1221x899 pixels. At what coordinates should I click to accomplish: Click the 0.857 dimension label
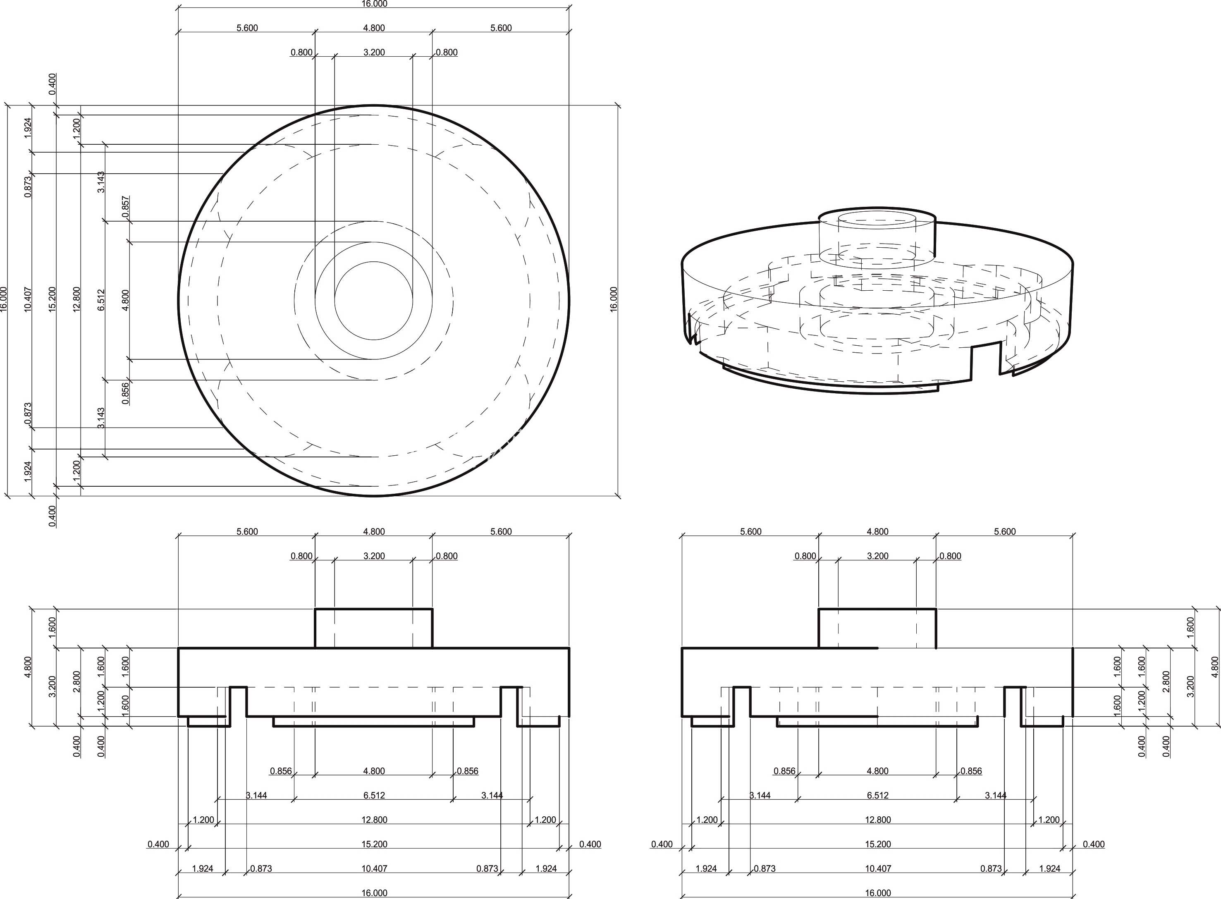(x=126, y=207)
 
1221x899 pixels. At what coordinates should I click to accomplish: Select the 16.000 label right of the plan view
(x=614, y=299)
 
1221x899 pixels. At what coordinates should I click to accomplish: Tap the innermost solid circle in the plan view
(x=374, y=300)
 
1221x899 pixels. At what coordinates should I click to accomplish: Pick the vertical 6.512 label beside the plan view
(x=101, y=300)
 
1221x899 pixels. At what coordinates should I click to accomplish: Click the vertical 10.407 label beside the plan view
(x=28, y=299)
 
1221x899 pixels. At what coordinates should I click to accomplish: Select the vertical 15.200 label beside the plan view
(x=52, y=299)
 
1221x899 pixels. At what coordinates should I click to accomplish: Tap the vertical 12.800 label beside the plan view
(x=77, y=299)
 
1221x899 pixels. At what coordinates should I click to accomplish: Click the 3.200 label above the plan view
(x=374, y=52)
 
